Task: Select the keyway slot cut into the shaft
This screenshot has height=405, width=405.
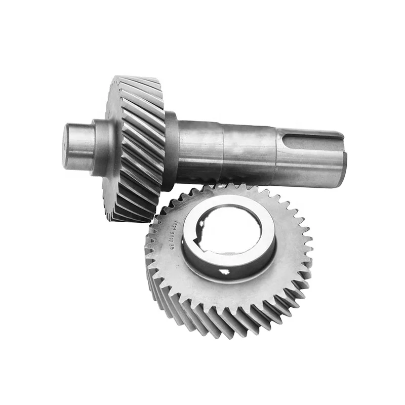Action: coord(314,136)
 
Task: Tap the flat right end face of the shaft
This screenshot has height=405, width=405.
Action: coord(344,161)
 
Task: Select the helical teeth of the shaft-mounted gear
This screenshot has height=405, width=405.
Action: coord(139,147)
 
